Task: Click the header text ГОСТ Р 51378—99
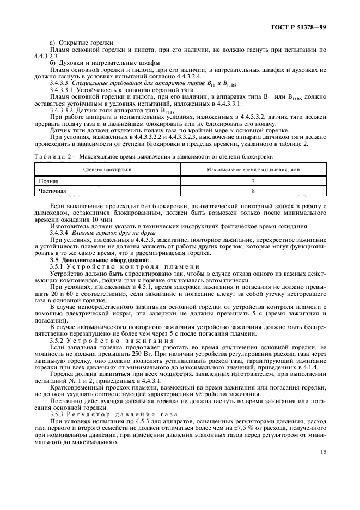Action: tap(301, 26)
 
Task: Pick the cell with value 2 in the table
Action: tap(253, 180)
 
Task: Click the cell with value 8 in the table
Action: tap(253, 191)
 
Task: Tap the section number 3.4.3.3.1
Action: tap(62, 89)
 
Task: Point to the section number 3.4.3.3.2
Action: tap(62, 109)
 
